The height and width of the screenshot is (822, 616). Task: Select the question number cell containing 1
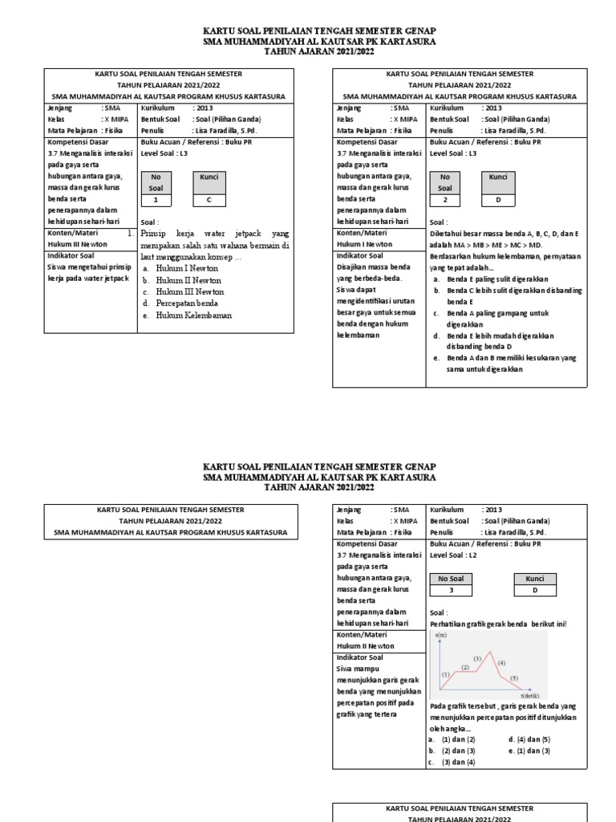tap(156, 200)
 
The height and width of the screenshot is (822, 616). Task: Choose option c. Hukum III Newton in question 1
tap(189, 292)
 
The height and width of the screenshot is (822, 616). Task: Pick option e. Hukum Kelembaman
tap(192, 315)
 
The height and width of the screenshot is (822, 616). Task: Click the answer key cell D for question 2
tap(498, 200)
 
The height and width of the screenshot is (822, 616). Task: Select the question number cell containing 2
tap(444, 200)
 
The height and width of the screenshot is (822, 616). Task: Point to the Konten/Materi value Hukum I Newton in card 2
tap(365, 244)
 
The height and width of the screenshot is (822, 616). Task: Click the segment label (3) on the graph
tap(476, 659)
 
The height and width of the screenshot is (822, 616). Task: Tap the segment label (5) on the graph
tap(514, 678)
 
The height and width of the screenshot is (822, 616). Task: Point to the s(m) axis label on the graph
tap(441, 635)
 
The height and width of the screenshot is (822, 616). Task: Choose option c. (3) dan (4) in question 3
tap(458, 762)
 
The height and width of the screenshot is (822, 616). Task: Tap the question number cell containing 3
tap(451, 590)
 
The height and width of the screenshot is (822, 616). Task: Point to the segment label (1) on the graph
tap(446, 674)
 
